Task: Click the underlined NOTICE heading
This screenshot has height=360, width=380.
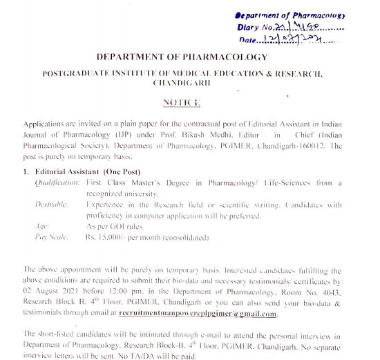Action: (181, 102)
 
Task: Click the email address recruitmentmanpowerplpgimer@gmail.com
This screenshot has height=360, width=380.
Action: (198, 313)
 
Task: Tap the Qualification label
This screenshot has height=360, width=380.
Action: (57, 182)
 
